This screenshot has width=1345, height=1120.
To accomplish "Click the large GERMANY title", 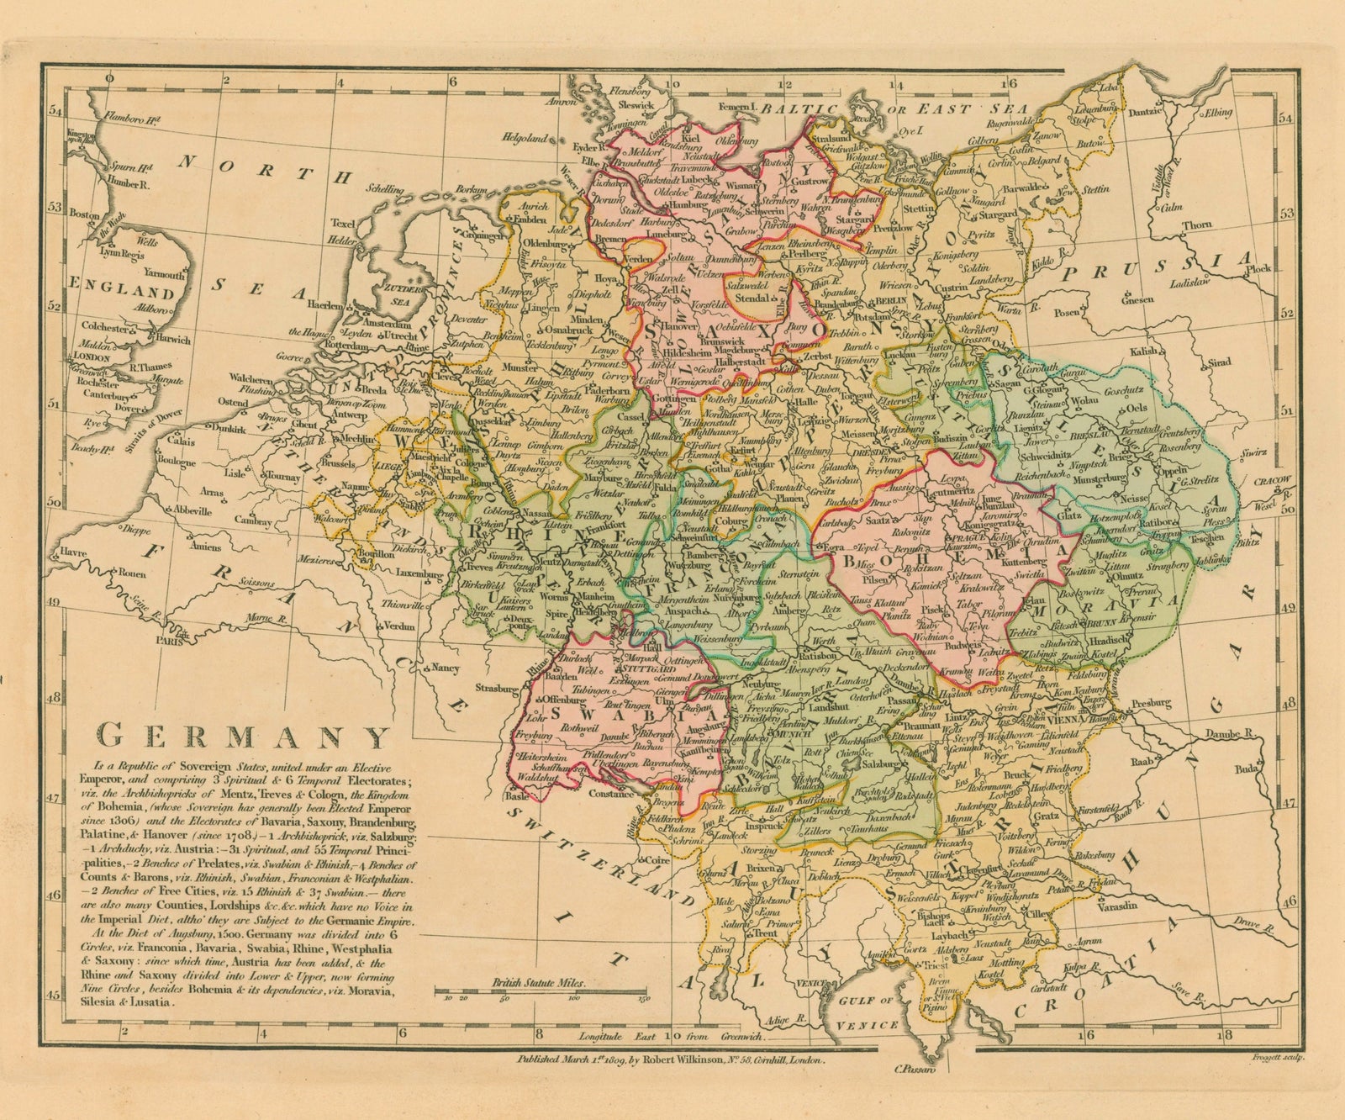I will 245,737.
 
